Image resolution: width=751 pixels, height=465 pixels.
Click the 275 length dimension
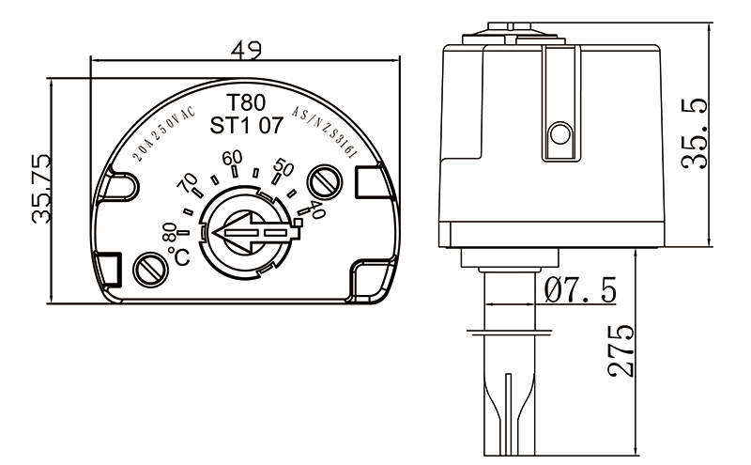pyautogui.click(x=621, y=352)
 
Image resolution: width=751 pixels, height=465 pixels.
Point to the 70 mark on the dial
pyautogui.click(x=189, y=180)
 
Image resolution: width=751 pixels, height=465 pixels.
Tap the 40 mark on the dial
pyautogui.click(x=316, y=211)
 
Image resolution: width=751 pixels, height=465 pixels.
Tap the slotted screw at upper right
pyautogui.click(x=329, y=178)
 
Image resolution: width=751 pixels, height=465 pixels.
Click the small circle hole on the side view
pyautogui.click(x=559, y=135)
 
